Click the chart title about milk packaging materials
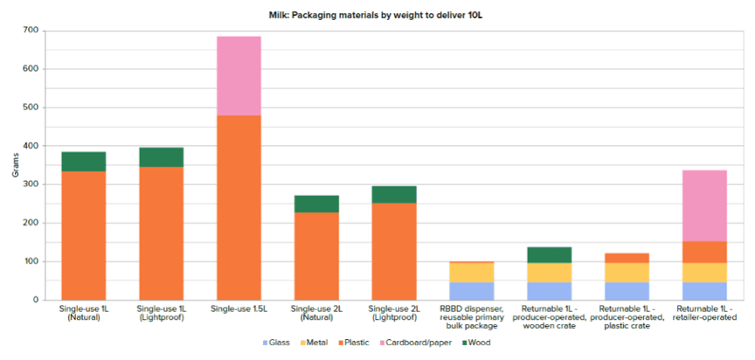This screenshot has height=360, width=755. [x=377, y=16]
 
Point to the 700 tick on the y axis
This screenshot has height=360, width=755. [x=31, y=31]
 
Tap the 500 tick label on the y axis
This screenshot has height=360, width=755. [x=31, y=107]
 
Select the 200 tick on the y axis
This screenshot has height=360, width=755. [x=31, y=223]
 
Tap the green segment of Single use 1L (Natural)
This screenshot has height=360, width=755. [x=83, y=161]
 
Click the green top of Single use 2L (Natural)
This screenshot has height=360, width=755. [x=316, y=204]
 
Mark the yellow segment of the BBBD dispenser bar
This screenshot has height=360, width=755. [x=472, y=272]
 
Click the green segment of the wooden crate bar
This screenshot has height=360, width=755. [x=549, y=254]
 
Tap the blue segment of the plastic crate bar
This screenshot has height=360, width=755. [x=627, y=291]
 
